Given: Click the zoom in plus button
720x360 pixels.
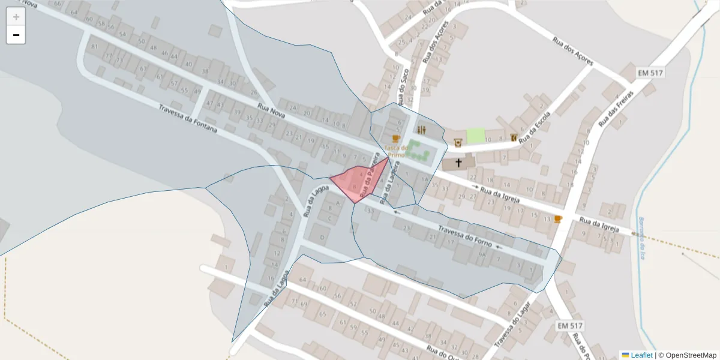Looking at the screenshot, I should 16,16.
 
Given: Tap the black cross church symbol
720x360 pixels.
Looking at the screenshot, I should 459,162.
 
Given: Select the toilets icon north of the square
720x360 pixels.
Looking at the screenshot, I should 422,130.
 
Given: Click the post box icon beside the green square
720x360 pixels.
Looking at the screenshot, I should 458,142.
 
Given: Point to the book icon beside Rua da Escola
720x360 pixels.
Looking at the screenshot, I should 514,137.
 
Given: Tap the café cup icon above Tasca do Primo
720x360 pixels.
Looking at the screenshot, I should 395,139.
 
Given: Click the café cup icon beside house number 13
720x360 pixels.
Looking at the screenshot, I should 558,219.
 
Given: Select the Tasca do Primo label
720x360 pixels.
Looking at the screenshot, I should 396,151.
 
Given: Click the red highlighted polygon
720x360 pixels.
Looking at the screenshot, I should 358,181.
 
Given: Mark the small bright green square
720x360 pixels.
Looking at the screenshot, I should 475,136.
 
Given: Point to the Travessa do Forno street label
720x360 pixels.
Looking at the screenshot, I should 465,236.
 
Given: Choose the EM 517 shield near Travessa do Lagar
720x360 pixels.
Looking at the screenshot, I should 569,325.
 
